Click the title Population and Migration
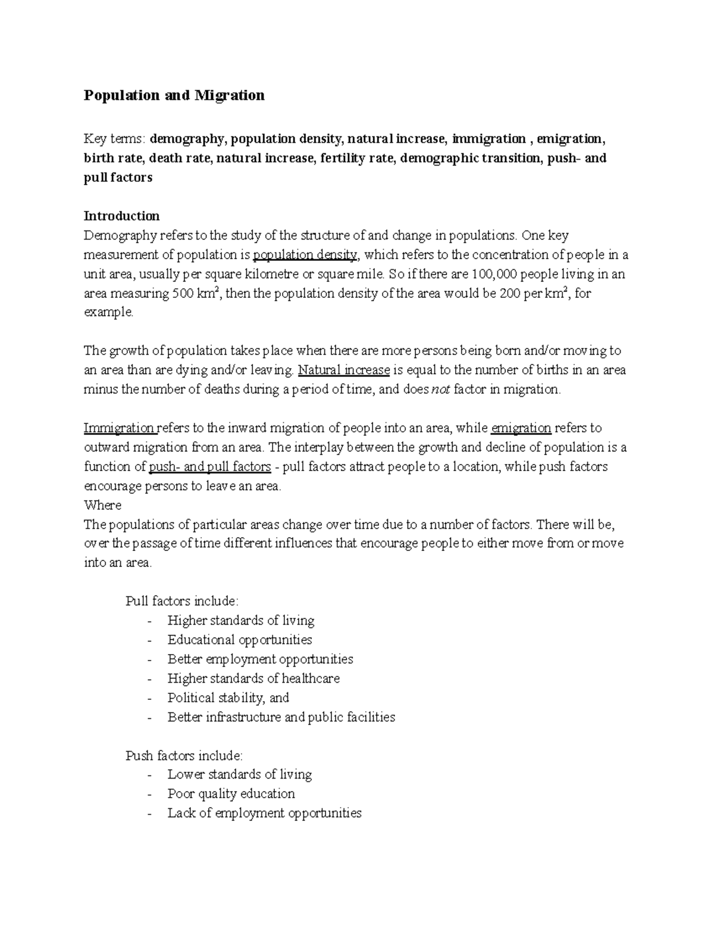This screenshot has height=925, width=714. coord(174,95)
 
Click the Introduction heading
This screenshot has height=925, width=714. coord(121,216)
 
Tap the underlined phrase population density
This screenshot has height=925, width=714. coord(305,256)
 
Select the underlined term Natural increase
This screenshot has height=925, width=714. coord(343,370)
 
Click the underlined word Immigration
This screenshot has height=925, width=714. coord(119,428)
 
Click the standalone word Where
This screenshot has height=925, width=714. coord(102,505)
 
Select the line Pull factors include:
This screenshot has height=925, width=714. coord(182,601)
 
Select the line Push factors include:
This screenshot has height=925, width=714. coord(184,756)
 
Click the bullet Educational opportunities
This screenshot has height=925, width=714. coord(240,640)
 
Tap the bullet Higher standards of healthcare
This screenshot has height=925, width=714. coord(253,678)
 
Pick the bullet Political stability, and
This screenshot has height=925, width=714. coord(228,697)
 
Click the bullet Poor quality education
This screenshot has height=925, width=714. coord(231,794)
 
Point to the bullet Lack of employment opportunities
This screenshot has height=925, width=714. coord(264,813)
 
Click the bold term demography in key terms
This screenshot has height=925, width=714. coord(187,139)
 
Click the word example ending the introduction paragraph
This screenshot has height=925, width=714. coord(109,313)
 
